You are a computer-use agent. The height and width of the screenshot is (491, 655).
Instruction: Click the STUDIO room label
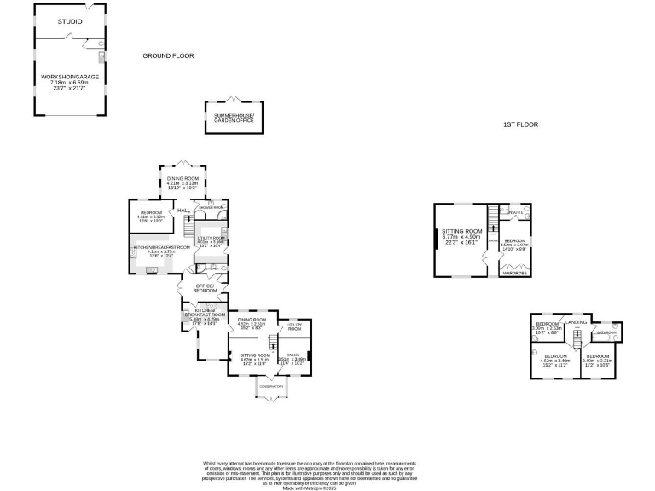coord(71,21)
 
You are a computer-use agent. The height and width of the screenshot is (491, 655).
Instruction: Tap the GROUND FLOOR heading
coord(168,56)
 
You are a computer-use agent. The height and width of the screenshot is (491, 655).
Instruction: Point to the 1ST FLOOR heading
coord(520,125)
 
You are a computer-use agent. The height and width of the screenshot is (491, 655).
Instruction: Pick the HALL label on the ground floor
coord(183,209)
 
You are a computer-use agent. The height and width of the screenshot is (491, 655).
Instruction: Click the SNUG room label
coord(293,355)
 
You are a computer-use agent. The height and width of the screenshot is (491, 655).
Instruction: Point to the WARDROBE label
coord(513,274)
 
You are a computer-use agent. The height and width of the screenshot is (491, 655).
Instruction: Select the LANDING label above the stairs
coord(577,321)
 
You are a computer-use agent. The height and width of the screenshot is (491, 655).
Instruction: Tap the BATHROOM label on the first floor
coord(606,332)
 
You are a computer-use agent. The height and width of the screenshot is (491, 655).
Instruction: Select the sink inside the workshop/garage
coord(101,57)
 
